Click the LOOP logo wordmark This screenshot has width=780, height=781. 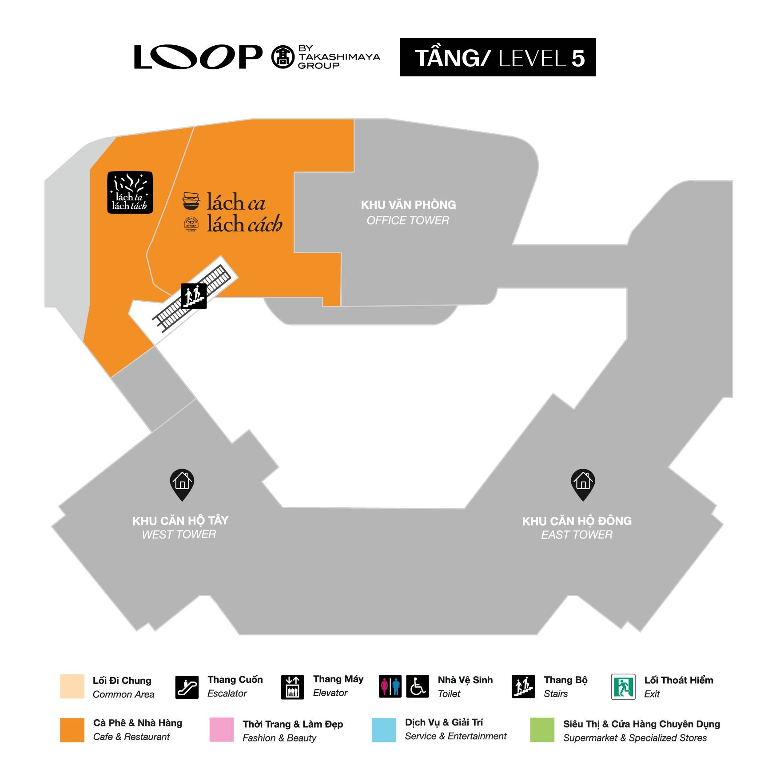coord(198,57)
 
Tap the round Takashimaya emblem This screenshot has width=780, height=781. coord(283,57)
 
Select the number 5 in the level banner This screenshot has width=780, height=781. coord(578,58)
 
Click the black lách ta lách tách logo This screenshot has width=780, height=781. coord(130,192)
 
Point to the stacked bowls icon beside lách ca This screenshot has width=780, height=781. coord(191,201)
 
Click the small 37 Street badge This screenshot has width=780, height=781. coord(191,223)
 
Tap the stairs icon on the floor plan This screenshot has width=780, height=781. coord(194,295)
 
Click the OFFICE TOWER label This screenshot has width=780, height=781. coord(408,220)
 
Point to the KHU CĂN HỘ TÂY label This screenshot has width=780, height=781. coord(180,520)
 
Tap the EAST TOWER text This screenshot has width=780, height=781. coord(577,535)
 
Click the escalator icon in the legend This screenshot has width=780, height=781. coord(187,687)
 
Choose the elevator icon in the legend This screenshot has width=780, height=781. coord(292,687)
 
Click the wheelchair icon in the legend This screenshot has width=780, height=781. coord(417,686)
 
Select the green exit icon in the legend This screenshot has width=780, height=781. coord(623,687)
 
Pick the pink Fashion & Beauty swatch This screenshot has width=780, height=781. coord(221,729)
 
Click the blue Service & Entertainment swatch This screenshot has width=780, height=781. coord(384,729)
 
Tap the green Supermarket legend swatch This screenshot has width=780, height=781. coord(542,729)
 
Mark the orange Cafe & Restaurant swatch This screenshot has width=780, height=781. coord(72,729)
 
